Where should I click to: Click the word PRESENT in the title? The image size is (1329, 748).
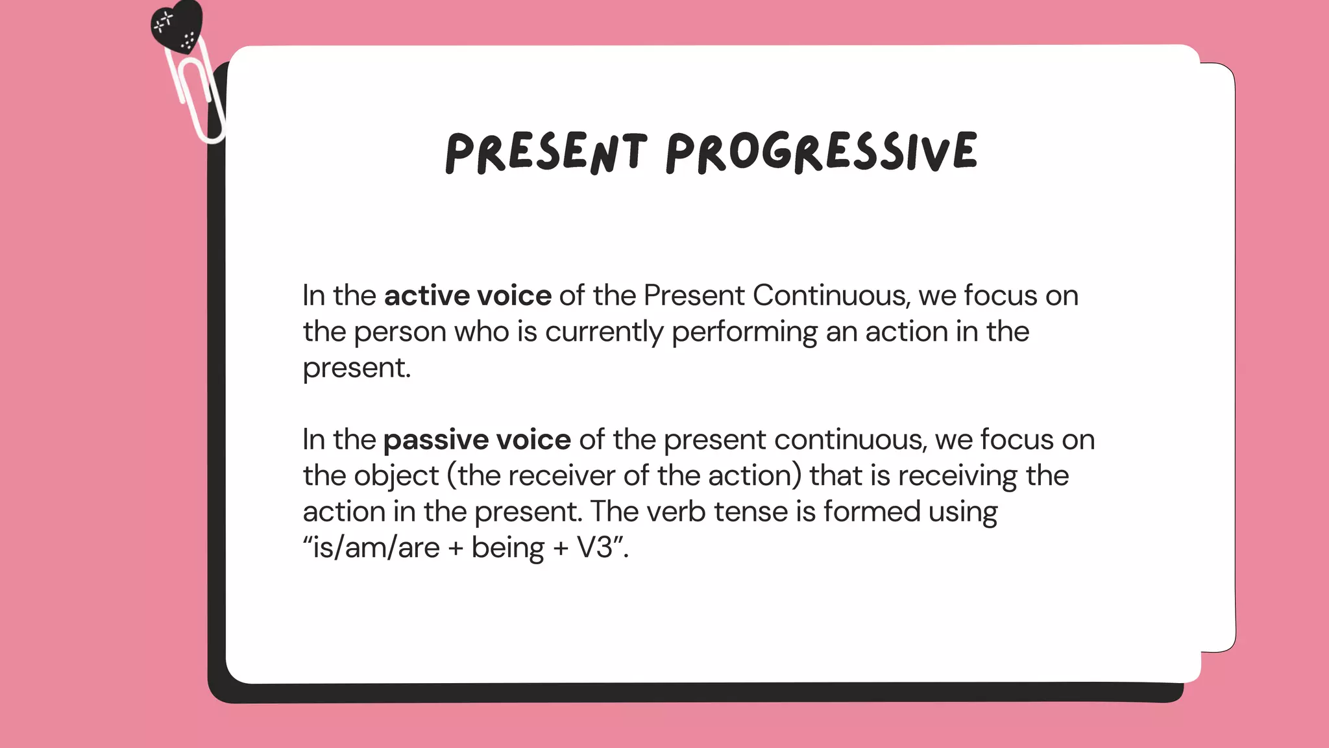coord(546,153)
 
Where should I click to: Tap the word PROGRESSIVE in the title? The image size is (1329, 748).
coord(822,153)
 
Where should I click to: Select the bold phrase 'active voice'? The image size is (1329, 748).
coord(468,296)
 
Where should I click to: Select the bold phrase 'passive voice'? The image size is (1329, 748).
coord(477,440)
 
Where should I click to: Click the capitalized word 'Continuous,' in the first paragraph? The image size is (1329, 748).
coord(831,296)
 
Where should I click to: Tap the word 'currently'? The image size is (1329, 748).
coord(604,332)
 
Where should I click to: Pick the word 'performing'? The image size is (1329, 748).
coord(744,332)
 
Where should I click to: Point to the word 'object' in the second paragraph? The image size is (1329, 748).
coord(396,477)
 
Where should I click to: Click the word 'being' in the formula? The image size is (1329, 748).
coord(507,548)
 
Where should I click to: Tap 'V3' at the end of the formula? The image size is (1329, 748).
coord(595,548)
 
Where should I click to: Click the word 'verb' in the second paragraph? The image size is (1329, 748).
coord(676,512)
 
